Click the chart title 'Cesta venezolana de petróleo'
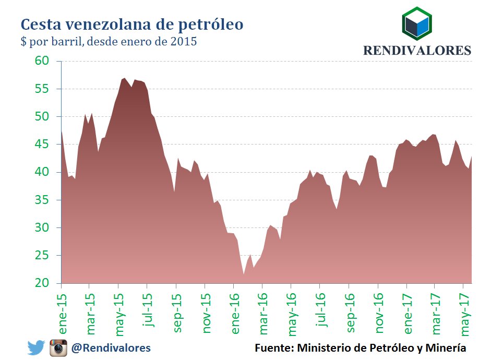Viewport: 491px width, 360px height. tap(131, 25)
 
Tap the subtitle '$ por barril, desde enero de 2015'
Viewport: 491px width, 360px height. tap(109, 42)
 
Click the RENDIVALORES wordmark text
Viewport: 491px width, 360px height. tap(417, 51)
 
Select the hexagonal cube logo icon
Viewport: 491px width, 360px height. tap(416, 24)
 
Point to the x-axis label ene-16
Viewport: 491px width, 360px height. tap(235, 312)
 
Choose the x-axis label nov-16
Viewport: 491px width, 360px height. tap(379, 312)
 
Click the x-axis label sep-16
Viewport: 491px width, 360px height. tap(351, 312)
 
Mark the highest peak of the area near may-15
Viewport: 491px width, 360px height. tap(124, 78)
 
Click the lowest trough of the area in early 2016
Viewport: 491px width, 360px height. tap(243, 274)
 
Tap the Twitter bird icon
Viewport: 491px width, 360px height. tap(36, 347)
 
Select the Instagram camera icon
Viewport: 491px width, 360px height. tap(58, 347)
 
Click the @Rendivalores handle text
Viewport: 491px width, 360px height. tap(111, 347)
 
